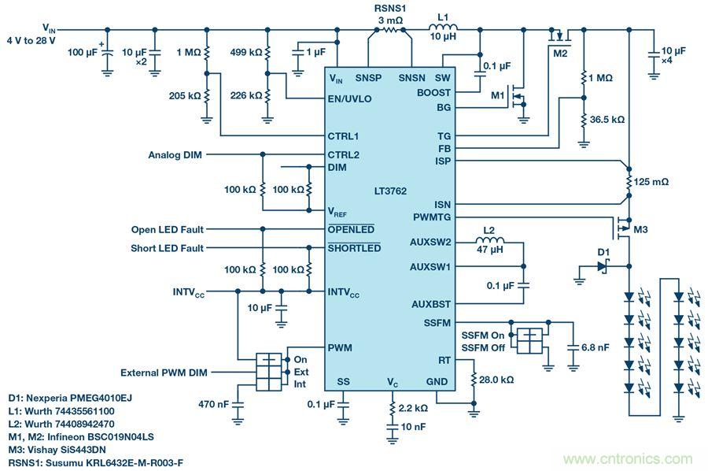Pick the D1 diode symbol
[603, 268]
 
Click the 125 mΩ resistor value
[653, 181]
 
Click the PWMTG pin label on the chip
[432, 217]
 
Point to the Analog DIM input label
[175, 155]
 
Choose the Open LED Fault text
[168, 229]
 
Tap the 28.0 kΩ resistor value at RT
[496, 379]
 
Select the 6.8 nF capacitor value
[594, 347]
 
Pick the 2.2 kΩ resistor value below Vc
[414, 410]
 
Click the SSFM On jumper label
[483, 334]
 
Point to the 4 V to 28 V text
[32, 39]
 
